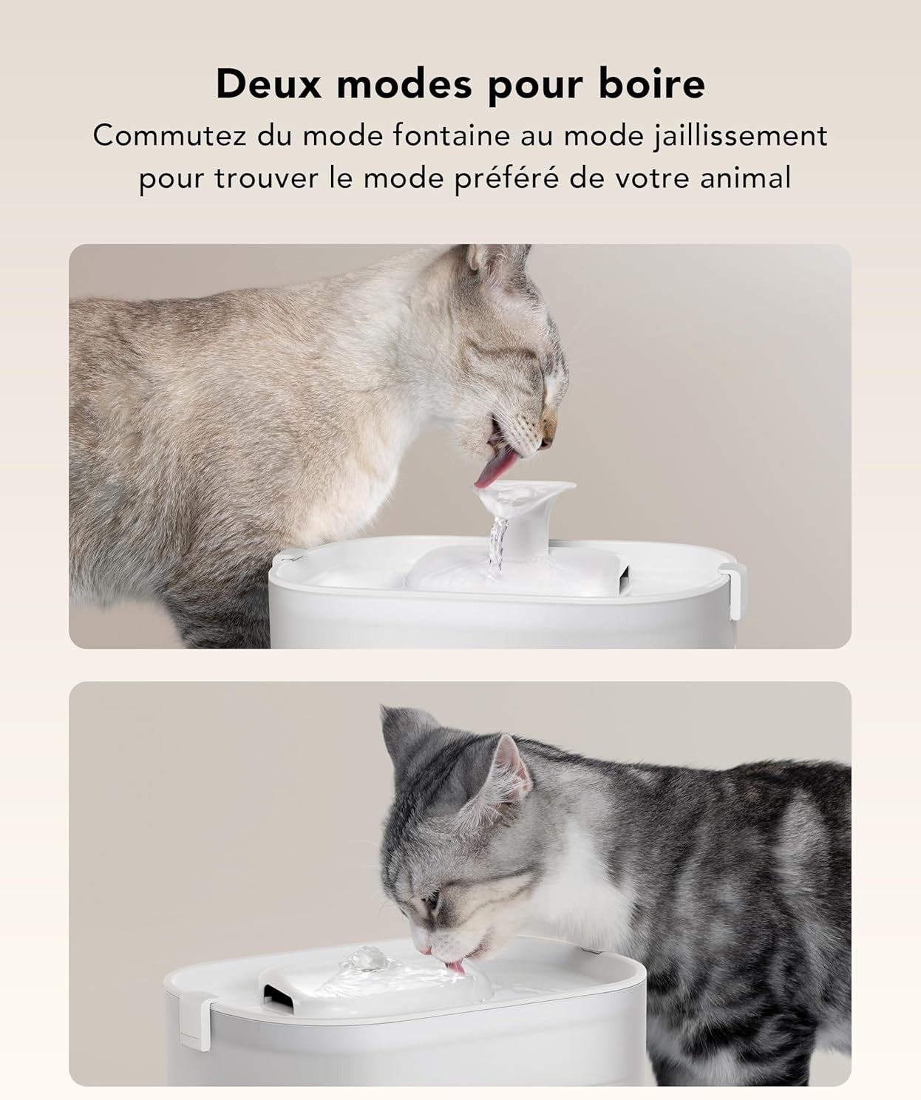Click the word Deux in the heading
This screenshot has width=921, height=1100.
269,84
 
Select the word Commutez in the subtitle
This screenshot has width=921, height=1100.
170,136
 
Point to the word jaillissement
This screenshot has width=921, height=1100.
740,137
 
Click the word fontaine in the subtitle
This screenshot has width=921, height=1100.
452,135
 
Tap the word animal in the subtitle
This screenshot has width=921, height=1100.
745,177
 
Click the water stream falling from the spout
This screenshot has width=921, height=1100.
496,548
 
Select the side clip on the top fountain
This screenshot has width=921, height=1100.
733,590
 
